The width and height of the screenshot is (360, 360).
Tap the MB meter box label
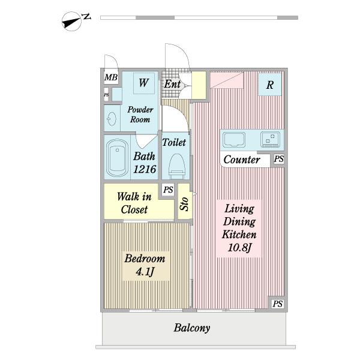click(111, 77)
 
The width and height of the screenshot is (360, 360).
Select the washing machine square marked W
click(144, 83)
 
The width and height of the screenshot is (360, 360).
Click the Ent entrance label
click(172, 84)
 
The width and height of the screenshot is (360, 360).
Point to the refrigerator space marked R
click(270, 84)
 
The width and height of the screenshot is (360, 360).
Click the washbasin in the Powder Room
click(112, 119)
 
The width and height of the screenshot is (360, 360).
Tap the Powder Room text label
click(140, 115)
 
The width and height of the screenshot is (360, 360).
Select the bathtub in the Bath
click(117, 158)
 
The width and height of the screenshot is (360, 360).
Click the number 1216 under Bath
click(145, 169)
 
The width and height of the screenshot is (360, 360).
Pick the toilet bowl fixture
click(176, 166)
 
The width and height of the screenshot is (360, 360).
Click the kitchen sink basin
click(234, 139)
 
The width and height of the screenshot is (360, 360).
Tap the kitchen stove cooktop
click(270, 139)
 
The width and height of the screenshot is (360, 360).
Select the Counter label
click(242, 160)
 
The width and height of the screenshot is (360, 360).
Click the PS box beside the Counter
click(279, 158)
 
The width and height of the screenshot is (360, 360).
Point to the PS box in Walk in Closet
click(168, 190)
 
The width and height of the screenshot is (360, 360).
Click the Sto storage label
click(184, 204)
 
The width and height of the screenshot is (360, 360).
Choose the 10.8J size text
click(239, 247)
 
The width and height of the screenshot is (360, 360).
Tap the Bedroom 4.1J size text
click(145, 272)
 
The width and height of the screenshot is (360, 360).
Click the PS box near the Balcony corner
click(277, 304)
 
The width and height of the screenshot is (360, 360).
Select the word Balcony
click(192, 328)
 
